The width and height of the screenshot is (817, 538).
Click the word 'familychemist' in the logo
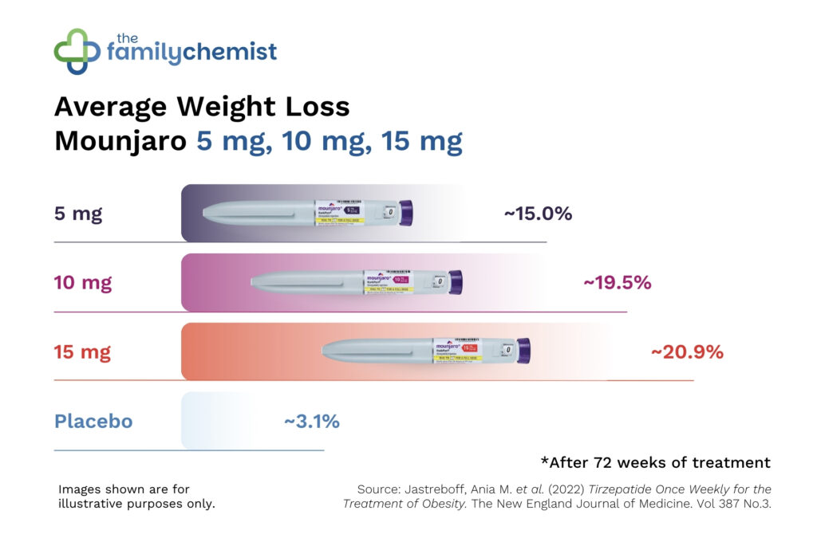point(191,53)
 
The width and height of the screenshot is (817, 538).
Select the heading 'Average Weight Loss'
point(202,107)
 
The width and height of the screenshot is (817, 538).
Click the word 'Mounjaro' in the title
point(120,141)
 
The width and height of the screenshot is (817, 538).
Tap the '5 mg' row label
point(77,214)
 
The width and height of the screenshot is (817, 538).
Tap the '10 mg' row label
point(82,282)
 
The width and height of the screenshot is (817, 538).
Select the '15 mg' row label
point(82,351)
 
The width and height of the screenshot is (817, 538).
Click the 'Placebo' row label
point(93,421)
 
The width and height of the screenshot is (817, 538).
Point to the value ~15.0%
point(538,214)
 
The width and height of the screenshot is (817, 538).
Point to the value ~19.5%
point(618,282)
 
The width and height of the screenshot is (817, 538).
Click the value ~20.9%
point(687,351)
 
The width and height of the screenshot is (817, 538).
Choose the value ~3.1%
point(312,421)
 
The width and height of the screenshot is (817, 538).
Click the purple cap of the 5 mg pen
point(405,212)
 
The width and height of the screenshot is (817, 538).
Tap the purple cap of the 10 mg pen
point(455,281)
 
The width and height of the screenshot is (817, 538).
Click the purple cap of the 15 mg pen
point(523,350)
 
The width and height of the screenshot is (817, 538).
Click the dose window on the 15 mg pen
point(507,350)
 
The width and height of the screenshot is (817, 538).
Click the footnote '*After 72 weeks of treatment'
point(655,462)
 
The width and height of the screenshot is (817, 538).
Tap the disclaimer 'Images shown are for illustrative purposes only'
point(136,496)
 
